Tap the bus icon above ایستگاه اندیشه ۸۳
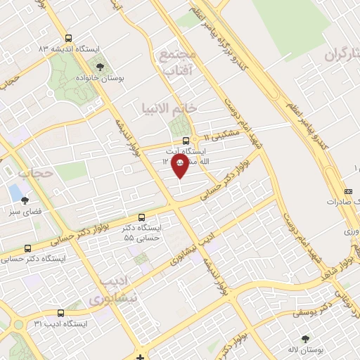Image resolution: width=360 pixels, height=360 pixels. pos(68,39)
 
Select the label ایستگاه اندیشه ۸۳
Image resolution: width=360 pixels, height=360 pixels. pos(70,49)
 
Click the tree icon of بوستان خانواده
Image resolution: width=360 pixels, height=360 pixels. pos(101,67)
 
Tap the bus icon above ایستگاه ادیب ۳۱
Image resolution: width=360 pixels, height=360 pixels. pos(60,313)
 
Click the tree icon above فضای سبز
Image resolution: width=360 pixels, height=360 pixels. pos(26,200)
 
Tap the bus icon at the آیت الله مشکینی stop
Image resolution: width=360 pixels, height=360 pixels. pos(186,139)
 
